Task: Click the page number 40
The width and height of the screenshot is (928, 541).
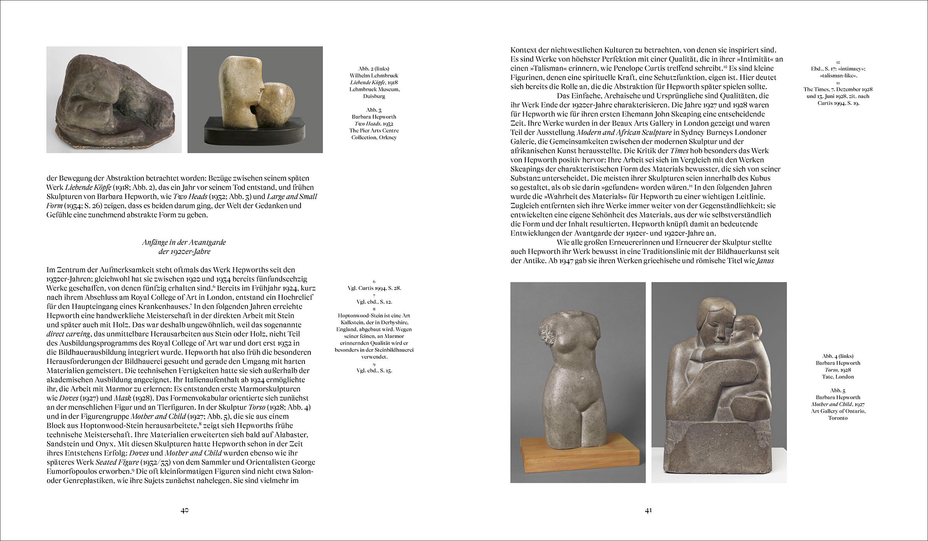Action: tap(185, 510)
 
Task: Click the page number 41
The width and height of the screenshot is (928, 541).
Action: tap(648, 510)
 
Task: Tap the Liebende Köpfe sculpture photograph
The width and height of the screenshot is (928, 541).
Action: tap(114, 100)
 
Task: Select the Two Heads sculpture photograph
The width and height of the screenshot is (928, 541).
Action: tap(255, 100)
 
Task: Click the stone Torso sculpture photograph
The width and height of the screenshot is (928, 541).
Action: tap(578, 382)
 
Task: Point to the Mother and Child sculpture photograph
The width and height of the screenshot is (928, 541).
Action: tap(719, 382)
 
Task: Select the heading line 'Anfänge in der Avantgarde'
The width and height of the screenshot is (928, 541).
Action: tap(184, 242)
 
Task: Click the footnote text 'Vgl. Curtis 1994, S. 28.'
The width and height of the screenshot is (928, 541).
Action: tap(374, 288)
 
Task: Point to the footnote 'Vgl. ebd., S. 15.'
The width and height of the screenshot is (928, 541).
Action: tap(374, 370)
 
